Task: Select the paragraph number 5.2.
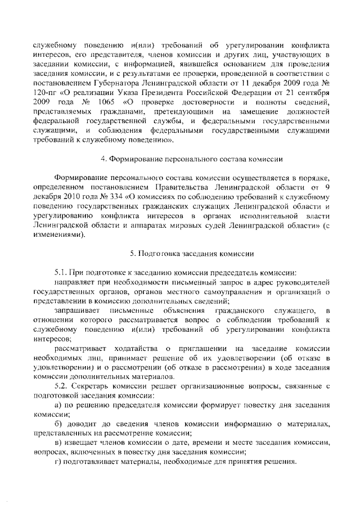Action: pos(61,387)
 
